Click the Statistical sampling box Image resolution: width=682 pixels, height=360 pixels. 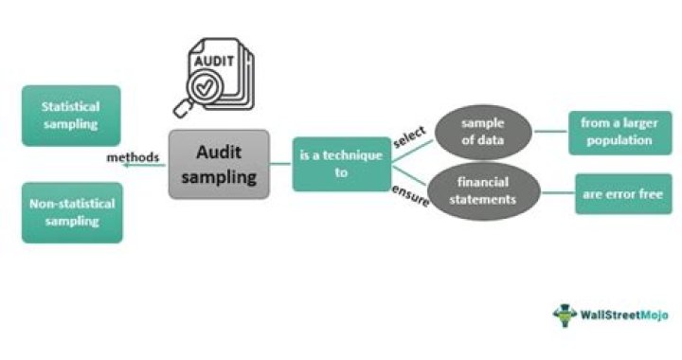[x=71, y=115]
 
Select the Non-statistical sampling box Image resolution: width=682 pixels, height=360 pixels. [x=71, y=212]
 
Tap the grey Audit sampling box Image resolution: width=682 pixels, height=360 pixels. [x=218, y=164]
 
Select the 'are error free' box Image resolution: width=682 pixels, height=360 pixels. [x=622, y=193]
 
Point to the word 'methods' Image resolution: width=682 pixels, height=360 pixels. [x=133, y=156]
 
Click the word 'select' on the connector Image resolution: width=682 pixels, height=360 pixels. [x=408, y=135]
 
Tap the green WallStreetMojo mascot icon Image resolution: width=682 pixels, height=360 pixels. [x=565, y=315]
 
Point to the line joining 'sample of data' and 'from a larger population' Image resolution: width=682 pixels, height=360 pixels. [x=551, y=132]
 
